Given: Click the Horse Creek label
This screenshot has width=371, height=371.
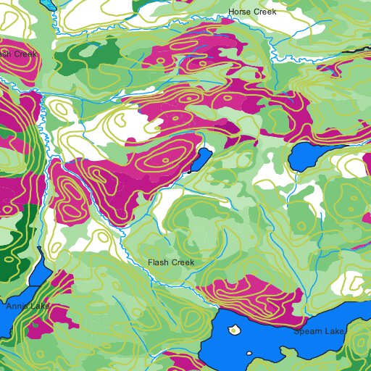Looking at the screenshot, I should (252, 12).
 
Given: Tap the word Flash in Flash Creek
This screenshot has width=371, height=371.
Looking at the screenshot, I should (159, 262).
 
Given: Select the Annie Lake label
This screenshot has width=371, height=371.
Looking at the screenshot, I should (28, 307).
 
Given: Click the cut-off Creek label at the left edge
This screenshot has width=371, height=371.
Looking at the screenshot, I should (17, 54).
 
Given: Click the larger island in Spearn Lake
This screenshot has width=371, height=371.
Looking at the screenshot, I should (234, 330).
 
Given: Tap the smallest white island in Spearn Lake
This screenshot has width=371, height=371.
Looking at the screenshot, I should (249, 354).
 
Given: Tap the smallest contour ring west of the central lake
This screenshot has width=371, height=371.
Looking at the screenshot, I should (165, 159).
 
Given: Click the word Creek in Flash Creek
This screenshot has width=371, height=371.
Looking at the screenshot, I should (184, 262).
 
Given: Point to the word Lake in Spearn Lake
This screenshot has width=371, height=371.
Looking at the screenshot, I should (334, 331).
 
